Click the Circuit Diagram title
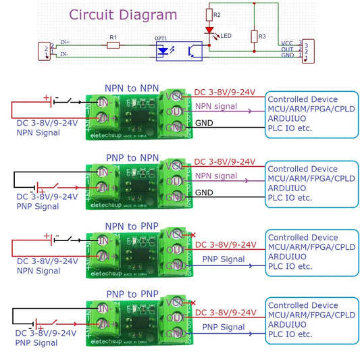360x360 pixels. (124, 15)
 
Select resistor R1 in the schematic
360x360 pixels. (113, 45)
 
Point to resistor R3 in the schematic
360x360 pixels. (254, 36)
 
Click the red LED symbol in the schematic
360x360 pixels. (209, 30)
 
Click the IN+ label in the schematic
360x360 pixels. (65, 42)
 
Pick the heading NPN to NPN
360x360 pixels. (132, 88)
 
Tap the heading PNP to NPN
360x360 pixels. (132, 158)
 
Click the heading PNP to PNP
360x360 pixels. (132, 294)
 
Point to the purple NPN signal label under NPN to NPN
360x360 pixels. (216, 107)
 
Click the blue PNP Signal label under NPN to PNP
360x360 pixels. (223, 259)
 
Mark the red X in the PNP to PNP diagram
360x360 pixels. (195, 303)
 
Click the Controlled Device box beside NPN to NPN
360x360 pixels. (311, 111)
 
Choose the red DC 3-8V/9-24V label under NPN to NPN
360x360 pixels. (224, 92)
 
